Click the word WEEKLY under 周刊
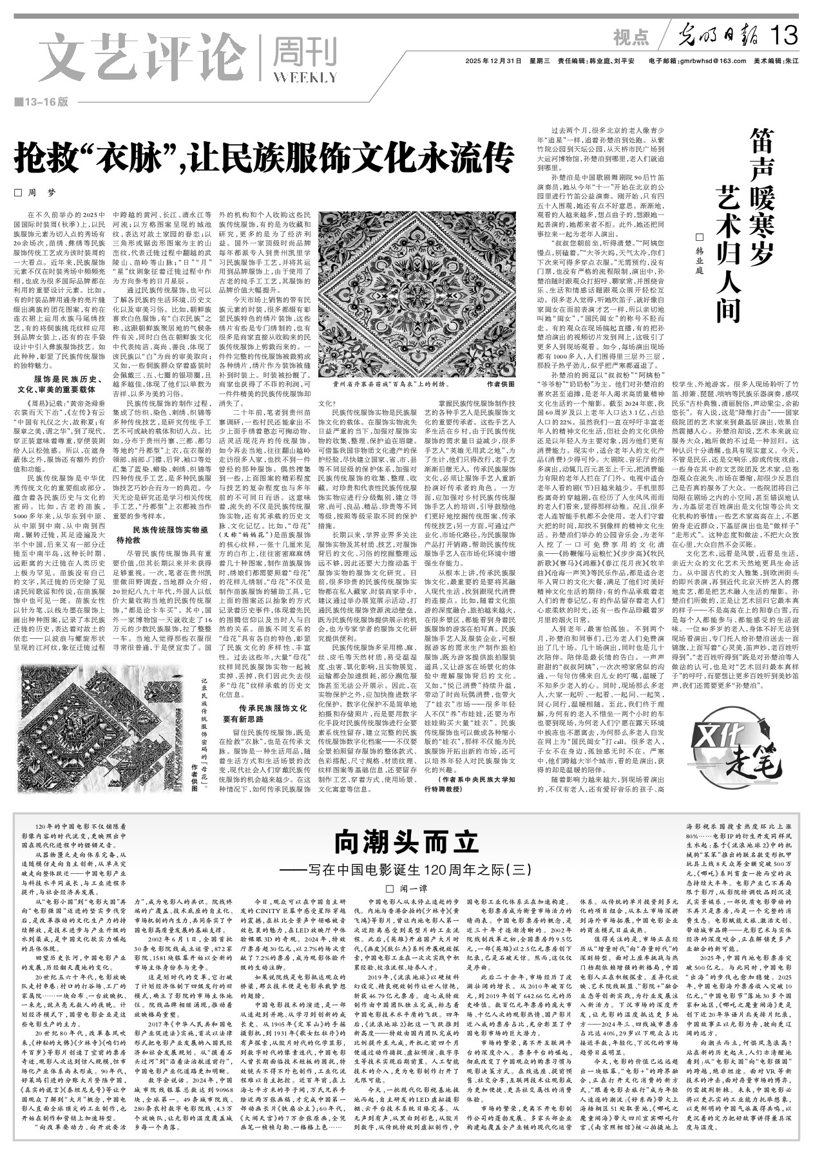coord(305,78)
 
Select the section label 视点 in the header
coord(631,38)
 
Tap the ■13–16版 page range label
coord(41,102)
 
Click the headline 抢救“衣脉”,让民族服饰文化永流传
coord(264,156)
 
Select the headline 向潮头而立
coord(406,841)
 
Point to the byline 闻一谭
coord(406,889)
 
